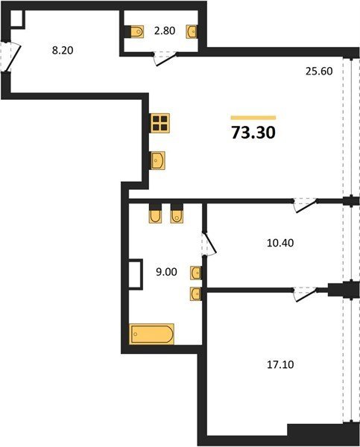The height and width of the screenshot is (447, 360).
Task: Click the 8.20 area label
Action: coord(63,51)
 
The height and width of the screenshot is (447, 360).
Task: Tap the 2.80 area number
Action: coord(165,31)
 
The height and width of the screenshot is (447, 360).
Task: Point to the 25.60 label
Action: coord(319,72)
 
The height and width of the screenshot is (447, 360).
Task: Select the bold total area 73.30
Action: coord(253,133)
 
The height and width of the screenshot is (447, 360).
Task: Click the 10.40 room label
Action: coord(280,243)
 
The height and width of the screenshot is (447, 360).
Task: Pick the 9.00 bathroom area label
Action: coord(166,272)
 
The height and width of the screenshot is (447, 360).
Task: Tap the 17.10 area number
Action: coord(280,364)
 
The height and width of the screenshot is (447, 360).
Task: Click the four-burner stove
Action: coord(160,123)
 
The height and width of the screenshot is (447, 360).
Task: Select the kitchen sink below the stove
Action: coord(158,160)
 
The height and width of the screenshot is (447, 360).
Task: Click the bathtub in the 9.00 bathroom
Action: coord(151,334)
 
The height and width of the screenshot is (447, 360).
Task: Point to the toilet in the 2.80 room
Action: coord(136,31)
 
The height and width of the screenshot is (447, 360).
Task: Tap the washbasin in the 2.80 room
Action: coord(192,31)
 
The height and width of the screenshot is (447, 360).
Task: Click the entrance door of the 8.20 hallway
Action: coord(10,57)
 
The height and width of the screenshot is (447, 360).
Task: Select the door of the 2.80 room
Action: coord(165,59)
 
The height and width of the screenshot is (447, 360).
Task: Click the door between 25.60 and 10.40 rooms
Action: coord(306,206)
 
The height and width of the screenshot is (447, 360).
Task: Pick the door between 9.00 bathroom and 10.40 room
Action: coord(209,243)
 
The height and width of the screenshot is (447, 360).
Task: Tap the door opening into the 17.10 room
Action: coord(306,294)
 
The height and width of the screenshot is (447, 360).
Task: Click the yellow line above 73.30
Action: coord(253,118)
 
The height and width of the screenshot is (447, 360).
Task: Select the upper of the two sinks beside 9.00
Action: coord(196,273)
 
